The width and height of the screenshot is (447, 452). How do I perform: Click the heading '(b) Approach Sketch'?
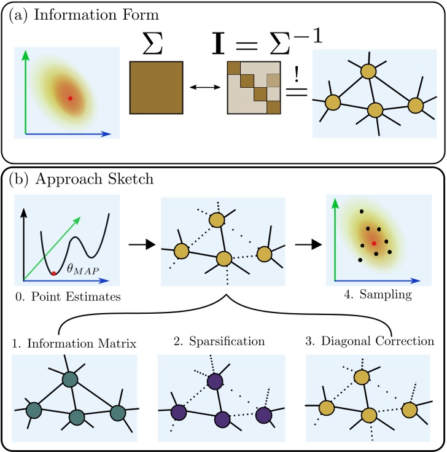pos(73,179)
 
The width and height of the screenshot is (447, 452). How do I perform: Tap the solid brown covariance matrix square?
pos(156,88)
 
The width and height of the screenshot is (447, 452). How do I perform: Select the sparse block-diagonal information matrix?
pos(254,88)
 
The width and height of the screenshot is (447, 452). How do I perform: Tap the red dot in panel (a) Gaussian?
pos(70,98)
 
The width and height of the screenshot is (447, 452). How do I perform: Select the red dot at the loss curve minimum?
pos(54,273)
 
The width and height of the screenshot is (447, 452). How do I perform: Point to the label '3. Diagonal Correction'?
pos(368,340)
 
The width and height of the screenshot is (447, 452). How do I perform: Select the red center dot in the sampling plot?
pos(373,243)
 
